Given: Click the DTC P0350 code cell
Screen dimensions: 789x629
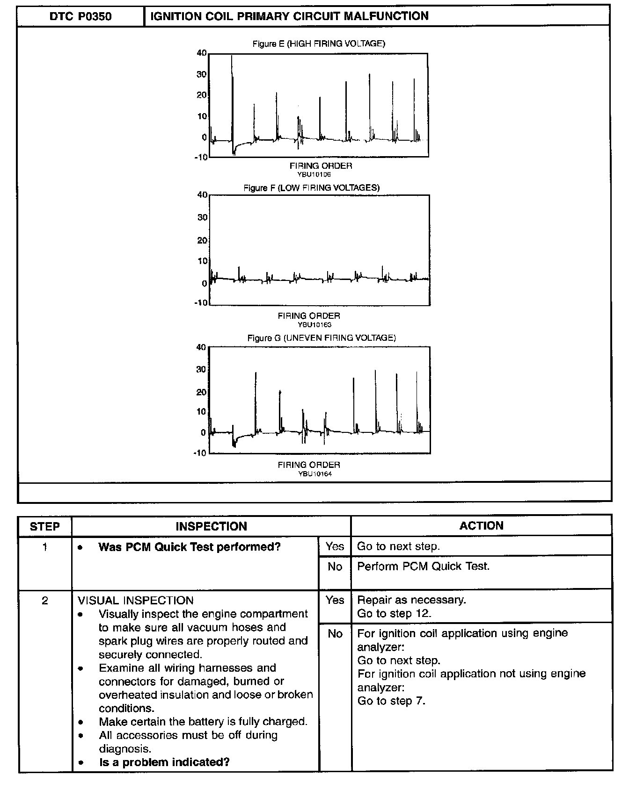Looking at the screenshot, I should (x=80, y=16).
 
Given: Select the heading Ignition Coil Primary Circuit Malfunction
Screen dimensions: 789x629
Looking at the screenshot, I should (x=289, y=16).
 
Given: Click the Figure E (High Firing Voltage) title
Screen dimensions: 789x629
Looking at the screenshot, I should (x=319, y=43).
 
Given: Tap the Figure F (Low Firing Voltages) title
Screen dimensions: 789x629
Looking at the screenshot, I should (x=311, y=187).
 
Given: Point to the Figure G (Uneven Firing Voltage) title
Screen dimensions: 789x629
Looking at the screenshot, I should (x=322, y=337).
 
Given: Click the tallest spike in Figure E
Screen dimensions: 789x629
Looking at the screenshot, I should (x=232, y=58).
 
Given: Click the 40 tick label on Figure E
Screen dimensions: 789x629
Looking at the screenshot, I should (x=202, y=53).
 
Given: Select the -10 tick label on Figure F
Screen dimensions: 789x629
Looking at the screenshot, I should (x=201, y=302).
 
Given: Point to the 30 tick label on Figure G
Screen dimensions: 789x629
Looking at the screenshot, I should (x=201, y=370).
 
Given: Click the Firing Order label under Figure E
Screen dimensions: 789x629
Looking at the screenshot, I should (x=321, y=165).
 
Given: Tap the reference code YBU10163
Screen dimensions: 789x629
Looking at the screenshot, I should (x=314, y=324).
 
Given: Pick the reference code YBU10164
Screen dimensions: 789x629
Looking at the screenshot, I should (x=314, y=474).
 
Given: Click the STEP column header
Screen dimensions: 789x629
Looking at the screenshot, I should (x=45, y=526).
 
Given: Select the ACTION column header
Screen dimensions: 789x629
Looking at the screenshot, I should (x=481, y=526).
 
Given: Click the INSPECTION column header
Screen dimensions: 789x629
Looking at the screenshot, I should (x=211, y=526).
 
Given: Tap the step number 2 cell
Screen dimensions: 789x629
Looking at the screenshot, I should (x=45, y=601).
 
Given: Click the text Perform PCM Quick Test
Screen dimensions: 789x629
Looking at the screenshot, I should (x=423, y=567).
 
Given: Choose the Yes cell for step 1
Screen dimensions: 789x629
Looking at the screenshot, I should (x=335, y=546).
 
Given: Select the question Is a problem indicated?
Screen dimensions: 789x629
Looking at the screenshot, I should (x=164, y=762).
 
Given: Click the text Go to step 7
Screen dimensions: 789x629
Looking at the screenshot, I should (x=391, y=701).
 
